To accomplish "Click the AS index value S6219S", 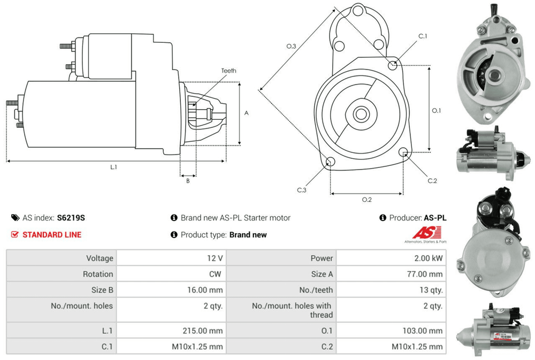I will click(x=71, y=218).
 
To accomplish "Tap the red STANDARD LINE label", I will click(x=51, y=234).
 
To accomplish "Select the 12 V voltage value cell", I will click(x=216, y=258).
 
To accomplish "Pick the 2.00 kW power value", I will click(x=429, y=258).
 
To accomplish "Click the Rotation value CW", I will click(x=216, y=274).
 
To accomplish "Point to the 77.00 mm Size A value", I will click(x=425, y=274).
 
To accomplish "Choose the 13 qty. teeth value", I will click(x=430, y=290).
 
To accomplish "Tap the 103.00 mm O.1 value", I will click(x=423, y=331).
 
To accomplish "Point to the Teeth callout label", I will click(x=228, y=71).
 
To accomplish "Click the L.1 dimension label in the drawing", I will click(x=113, y=167).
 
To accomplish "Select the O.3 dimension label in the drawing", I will click(x=291, y=47).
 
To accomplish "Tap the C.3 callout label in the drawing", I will click(x=302, y=190).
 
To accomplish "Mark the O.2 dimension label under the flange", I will click(x=366, y=200).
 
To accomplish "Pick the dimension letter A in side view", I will click(x=246, y=113).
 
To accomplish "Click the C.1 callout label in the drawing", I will click(x=423, y=36).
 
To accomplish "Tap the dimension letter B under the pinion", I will click(x=188, y=181).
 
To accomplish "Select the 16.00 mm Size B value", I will click(x=205, y=290).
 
